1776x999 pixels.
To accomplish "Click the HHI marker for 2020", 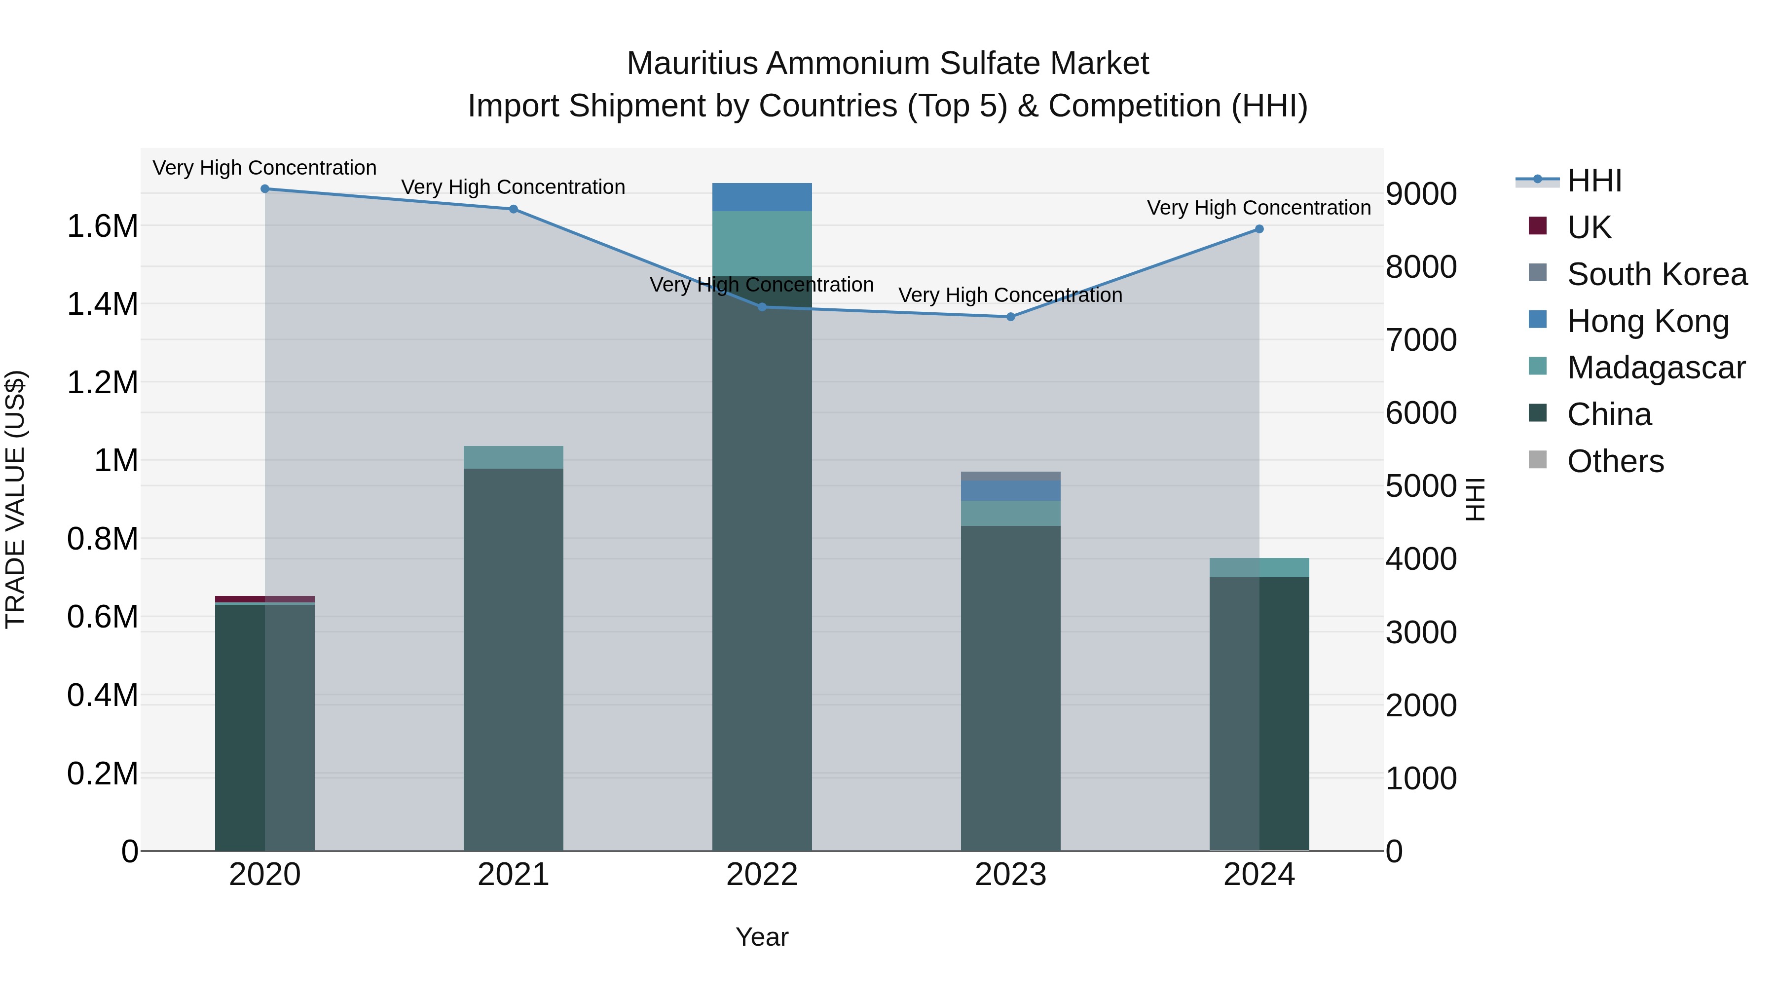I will [265, 189].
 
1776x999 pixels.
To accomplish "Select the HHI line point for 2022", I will [762, 307].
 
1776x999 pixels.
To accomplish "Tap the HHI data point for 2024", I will [1259, 229].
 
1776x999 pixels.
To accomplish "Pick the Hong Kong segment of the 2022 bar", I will [762, 197].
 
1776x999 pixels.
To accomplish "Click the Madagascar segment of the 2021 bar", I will [513, 458].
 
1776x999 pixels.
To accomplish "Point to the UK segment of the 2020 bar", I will [265, 599].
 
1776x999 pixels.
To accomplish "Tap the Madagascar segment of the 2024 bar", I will [1259, 567].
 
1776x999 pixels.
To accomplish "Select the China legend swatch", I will [1537, 414].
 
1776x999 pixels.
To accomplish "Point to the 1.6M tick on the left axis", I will [102, 226].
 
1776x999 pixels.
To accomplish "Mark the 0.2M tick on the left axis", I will [102, 774].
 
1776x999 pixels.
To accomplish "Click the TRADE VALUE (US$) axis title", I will [15, 499].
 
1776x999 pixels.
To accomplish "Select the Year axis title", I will [762, 937].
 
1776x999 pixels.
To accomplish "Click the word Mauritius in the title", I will [693, 64].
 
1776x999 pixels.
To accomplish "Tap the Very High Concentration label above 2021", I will [513, 187].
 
